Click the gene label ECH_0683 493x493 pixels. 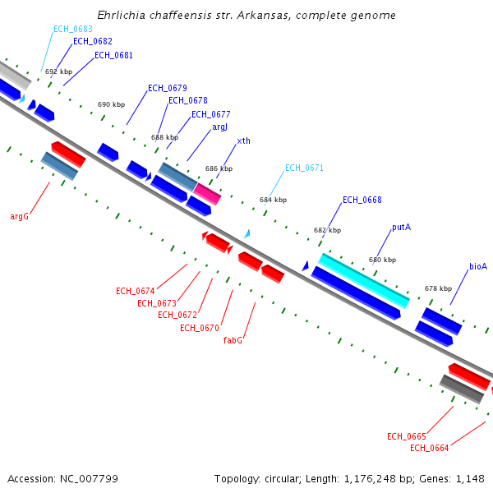(73, 29)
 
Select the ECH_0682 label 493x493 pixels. (93, 41)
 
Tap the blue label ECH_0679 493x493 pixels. (168, 88)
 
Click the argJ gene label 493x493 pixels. (220, 127)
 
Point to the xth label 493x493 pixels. (243, 141)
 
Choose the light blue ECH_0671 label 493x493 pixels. (304, 168)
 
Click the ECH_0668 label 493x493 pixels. (362, 200)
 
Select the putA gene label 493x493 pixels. (401, 227)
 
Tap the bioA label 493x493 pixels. (478, 266)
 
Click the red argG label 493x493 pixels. (20, 217)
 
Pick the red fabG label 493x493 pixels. (233, 339)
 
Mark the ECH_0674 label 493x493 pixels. (136, 291)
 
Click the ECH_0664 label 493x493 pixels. (429, 448)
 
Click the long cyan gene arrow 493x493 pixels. (363, 280)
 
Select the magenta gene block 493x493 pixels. (207, 194)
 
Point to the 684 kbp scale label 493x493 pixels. (273, 200)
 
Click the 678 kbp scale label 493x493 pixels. (438, 288)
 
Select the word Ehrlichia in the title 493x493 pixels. (120, 16)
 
